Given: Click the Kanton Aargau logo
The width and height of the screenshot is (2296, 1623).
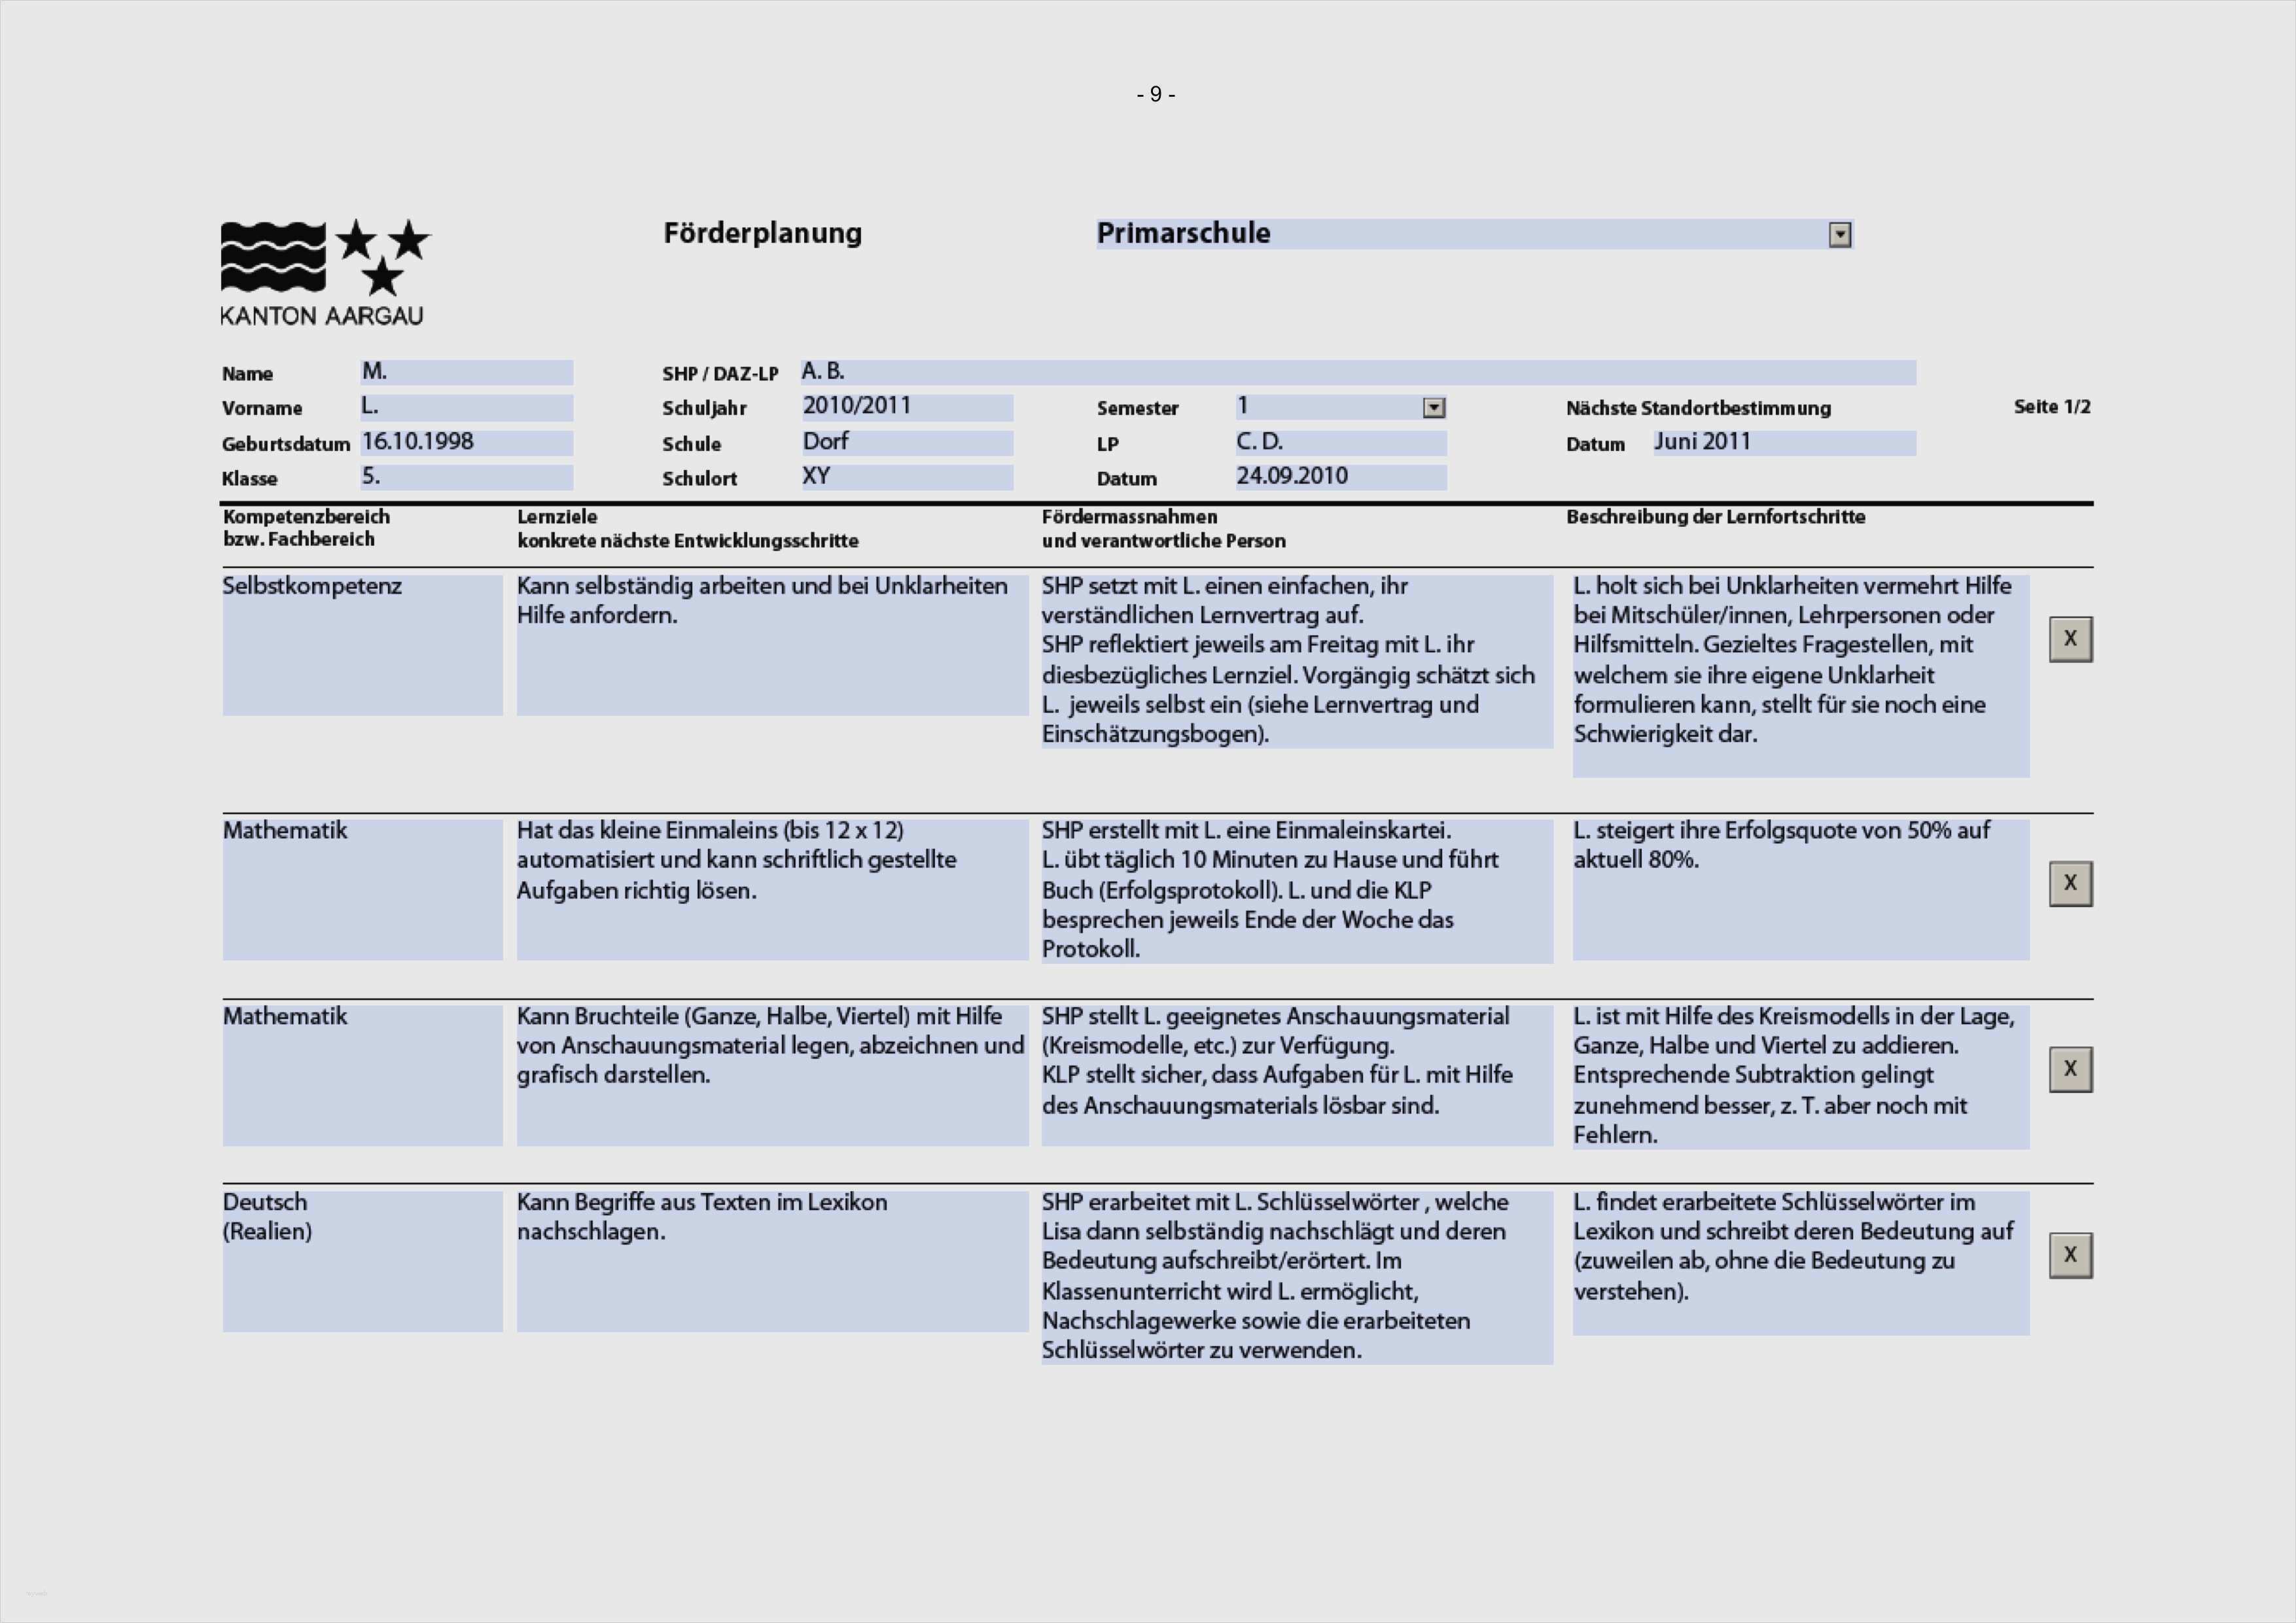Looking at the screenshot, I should point(323,272).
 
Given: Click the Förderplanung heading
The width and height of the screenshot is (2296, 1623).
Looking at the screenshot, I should point(762,233).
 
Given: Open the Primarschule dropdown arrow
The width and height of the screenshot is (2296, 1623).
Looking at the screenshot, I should point(1839,235).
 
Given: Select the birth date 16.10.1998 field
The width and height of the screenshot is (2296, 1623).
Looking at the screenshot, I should point(466,442).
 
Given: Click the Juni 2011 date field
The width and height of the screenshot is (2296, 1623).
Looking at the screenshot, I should point(1783,442).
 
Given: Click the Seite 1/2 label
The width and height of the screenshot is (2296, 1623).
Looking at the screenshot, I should point(2051,406).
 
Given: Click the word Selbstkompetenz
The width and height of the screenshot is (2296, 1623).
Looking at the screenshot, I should point(312,586).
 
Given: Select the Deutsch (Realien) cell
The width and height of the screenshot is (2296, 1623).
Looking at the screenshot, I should point(362,1260).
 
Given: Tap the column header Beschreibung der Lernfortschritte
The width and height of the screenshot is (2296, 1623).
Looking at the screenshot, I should point(1715,517).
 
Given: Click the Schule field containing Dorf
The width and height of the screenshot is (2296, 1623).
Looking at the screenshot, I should point(906,442).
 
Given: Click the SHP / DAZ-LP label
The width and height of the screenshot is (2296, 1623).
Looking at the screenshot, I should point(719,373).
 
